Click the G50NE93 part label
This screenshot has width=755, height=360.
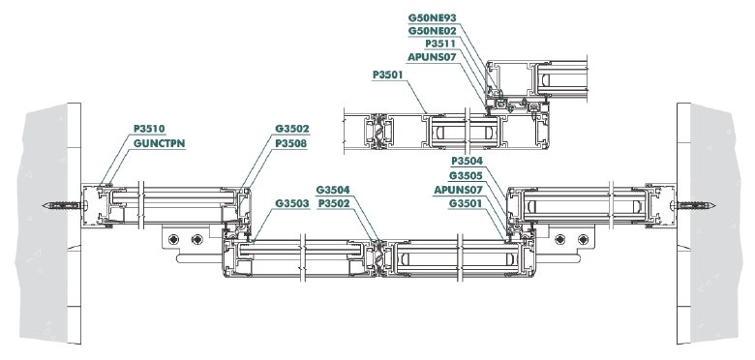coord(432,17)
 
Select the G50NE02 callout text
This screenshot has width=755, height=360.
coord(432,31)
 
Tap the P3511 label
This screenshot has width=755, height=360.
coord(440,44)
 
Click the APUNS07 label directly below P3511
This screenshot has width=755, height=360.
coord(432,57)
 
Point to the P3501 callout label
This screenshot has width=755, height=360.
coord(387,75)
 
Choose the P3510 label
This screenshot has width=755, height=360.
coord(149,129)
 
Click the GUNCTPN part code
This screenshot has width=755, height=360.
coord(160,143)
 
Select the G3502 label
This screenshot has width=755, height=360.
coord(291,129)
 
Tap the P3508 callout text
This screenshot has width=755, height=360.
coord(290,143)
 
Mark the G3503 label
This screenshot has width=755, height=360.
coord(291,203)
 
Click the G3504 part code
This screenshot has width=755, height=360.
coord(333,190)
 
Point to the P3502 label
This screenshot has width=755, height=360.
coord(334,203)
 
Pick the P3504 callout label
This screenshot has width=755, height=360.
coord(467,161)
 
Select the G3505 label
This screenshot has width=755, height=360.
coord(466,176)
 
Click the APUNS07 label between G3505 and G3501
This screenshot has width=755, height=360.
coord(458,190)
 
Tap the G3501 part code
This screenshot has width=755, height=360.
coord(466,203)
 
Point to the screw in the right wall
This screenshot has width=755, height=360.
coord(693,205)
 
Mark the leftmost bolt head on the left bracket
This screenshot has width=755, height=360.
coord(174,239)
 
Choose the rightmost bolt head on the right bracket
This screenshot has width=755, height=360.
coord(583,239)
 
